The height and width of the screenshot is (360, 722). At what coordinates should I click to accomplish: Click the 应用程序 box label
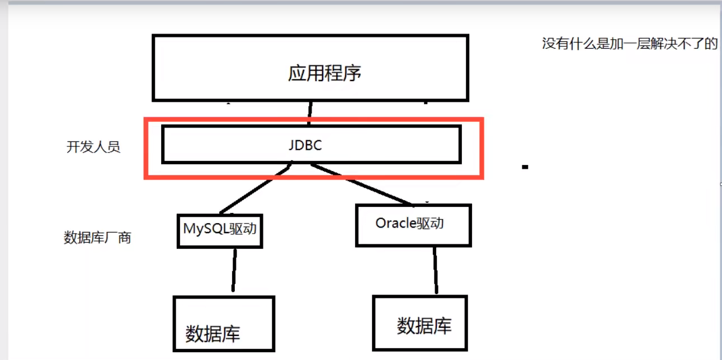pyautogui.click(x=324, y=73)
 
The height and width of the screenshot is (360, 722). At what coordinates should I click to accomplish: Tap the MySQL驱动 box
pyautogui.click(x=220, y=230)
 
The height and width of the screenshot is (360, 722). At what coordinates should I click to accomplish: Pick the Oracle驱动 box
pyautogui.click(x=413, y=225)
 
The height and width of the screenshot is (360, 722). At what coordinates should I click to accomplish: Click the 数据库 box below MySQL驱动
pyautogui.click(x=224, y=324)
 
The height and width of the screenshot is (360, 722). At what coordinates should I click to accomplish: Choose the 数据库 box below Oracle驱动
pyautogui.click(x=420, y=324)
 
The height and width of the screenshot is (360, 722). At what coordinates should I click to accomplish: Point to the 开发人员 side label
pyautogui.click(x=93, y=148)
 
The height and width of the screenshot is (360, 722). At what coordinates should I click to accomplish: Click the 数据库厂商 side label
pyautogui.click(x=97, y=238)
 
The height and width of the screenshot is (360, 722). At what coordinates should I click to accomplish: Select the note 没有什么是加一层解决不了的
pyautogui.click(x=629, y=44)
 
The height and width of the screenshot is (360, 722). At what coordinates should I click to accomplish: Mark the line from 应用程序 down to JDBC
pyautogui.click(x=309, y=112)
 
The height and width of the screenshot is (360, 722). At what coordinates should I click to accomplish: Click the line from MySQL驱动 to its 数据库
pyautogui.click(x=234, y=271)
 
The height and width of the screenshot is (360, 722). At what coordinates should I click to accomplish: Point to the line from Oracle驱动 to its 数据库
pyautogui.click(x=435, y=270)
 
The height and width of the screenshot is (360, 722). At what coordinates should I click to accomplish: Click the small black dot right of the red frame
pyautogui.click(x=525, y=167)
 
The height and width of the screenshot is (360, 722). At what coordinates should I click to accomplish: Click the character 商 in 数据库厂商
pyautogui.click(x=125, y=238)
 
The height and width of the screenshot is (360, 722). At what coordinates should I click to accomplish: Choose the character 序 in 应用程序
pyautogui.click(x=352, y=73)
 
